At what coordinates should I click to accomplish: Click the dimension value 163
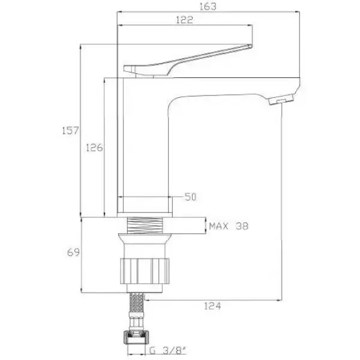tap(208, 7)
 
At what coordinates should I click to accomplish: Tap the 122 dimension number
tap(184, 20)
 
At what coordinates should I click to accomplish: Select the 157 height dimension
tap(70, 130)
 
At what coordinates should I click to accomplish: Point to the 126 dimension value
tap(94, 148)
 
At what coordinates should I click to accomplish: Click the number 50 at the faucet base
tap(191, 197)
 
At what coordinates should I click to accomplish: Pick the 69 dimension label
tap(73, 253)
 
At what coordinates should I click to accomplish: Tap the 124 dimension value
tap(212, 306)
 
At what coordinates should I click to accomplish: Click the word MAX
tap(218, 226)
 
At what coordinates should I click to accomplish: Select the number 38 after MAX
tap(242, 226)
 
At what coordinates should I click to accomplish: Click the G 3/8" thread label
tap(168, 350)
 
